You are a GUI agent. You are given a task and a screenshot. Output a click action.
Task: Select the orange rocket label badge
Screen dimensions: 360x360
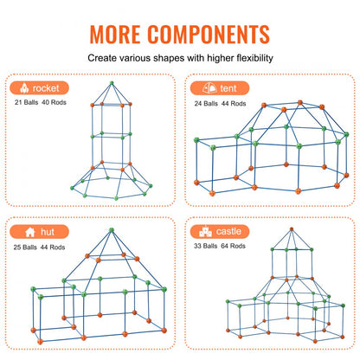click(x=38, y=87)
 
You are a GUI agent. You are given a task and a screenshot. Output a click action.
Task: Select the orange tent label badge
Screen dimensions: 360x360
click(x=217, y=87)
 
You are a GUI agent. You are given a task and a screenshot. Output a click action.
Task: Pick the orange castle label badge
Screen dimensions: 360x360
click(x=222, y=232)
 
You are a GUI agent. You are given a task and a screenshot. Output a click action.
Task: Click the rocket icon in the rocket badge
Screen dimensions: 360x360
click(x=22, y=87)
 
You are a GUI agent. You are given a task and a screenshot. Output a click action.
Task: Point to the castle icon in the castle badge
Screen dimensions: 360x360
click(x=205, y=232)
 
